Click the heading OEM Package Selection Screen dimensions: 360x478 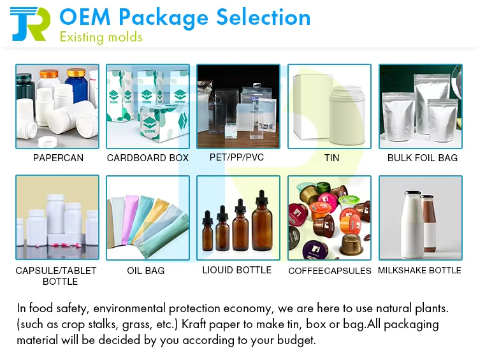coord(185,17)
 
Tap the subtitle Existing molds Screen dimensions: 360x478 coord(101,37)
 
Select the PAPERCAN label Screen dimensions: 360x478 coord(58,158)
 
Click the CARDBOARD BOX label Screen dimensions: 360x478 coord(148,158)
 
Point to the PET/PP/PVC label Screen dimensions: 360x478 coord(236,157)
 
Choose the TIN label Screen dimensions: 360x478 coord(331,158)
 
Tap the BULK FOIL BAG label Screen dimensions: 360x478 coord(423,158)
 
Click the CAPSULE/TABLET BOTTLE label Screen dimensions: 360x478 coord(56,276)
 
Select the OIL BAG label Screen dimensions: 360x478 coord(146,271)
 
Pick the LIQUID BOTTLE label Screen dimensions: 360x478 coord(237,270)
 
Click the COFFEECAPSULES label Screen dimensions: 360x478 coord(330,271)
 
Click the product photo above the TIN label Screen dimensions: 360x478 coord(330,106)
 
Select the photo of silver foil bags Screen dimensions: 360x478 coord(421,106)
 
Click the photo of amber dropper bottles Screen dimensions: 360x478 coord(238,218)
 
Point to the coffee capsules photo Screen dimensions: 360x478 coord(330,218)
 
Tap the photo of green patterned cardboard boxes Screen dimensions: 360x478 coord(148,106)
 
